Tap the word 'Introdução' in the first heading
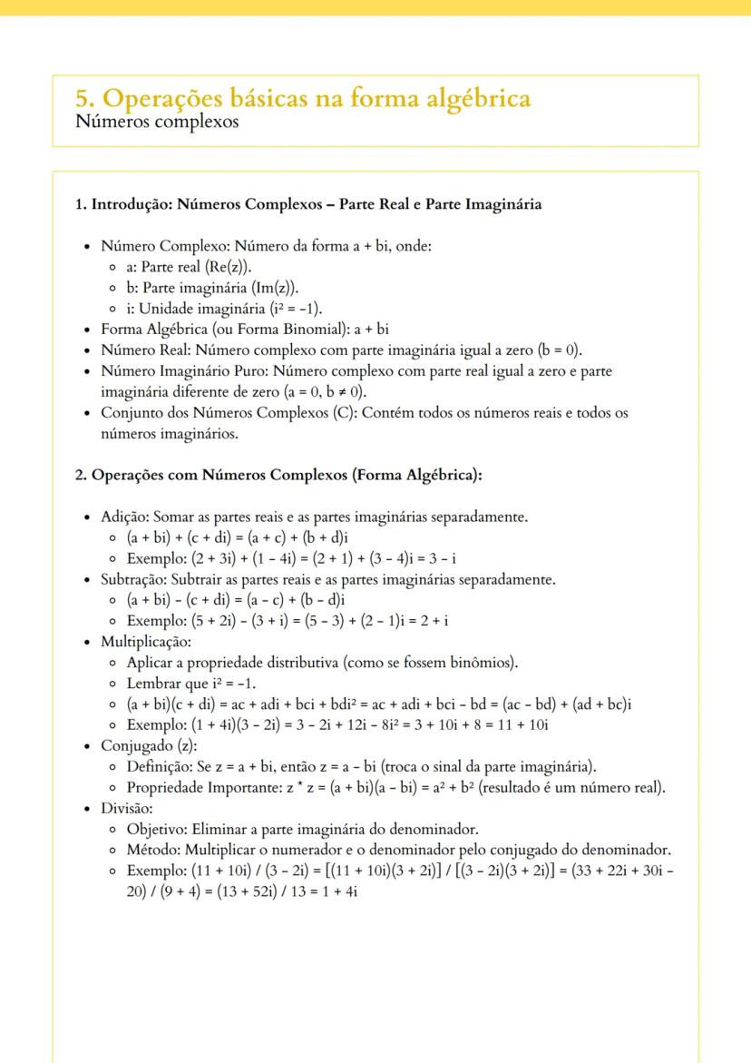(x=129, y=204)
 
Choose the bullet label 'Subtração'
(x=134, y=578)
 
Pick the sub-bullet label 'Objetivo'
(x=155, y=828)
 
